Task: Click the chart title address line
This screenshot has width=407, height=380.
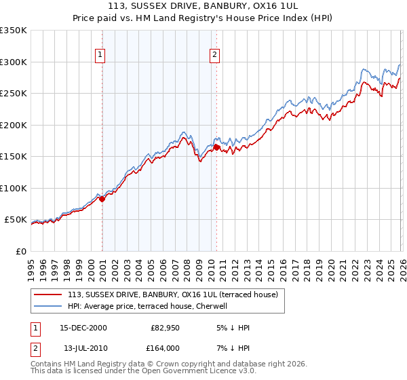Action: point(203,6)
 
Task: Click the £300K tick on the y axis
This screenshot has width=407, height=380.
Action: point(14,62)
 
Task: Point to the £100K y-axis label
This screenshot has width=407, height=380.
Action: point(14,188)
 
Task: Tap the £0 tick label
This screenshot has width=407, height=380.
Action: point(20,251)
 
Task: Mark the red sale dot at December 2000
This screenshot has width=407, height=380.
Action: point(102,199)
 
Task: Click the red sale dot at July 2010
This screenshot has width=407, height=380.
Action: point(216,147)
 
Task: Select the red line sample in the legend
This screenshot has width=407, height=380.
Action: point(48,294)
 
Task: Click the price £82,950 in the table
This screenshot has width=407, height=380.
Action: point(165,328)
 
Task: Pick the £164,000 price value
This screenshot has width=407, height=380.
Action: point(165,348)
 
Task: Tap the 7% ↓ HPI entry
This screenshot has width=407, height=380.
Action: point(233,348)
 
